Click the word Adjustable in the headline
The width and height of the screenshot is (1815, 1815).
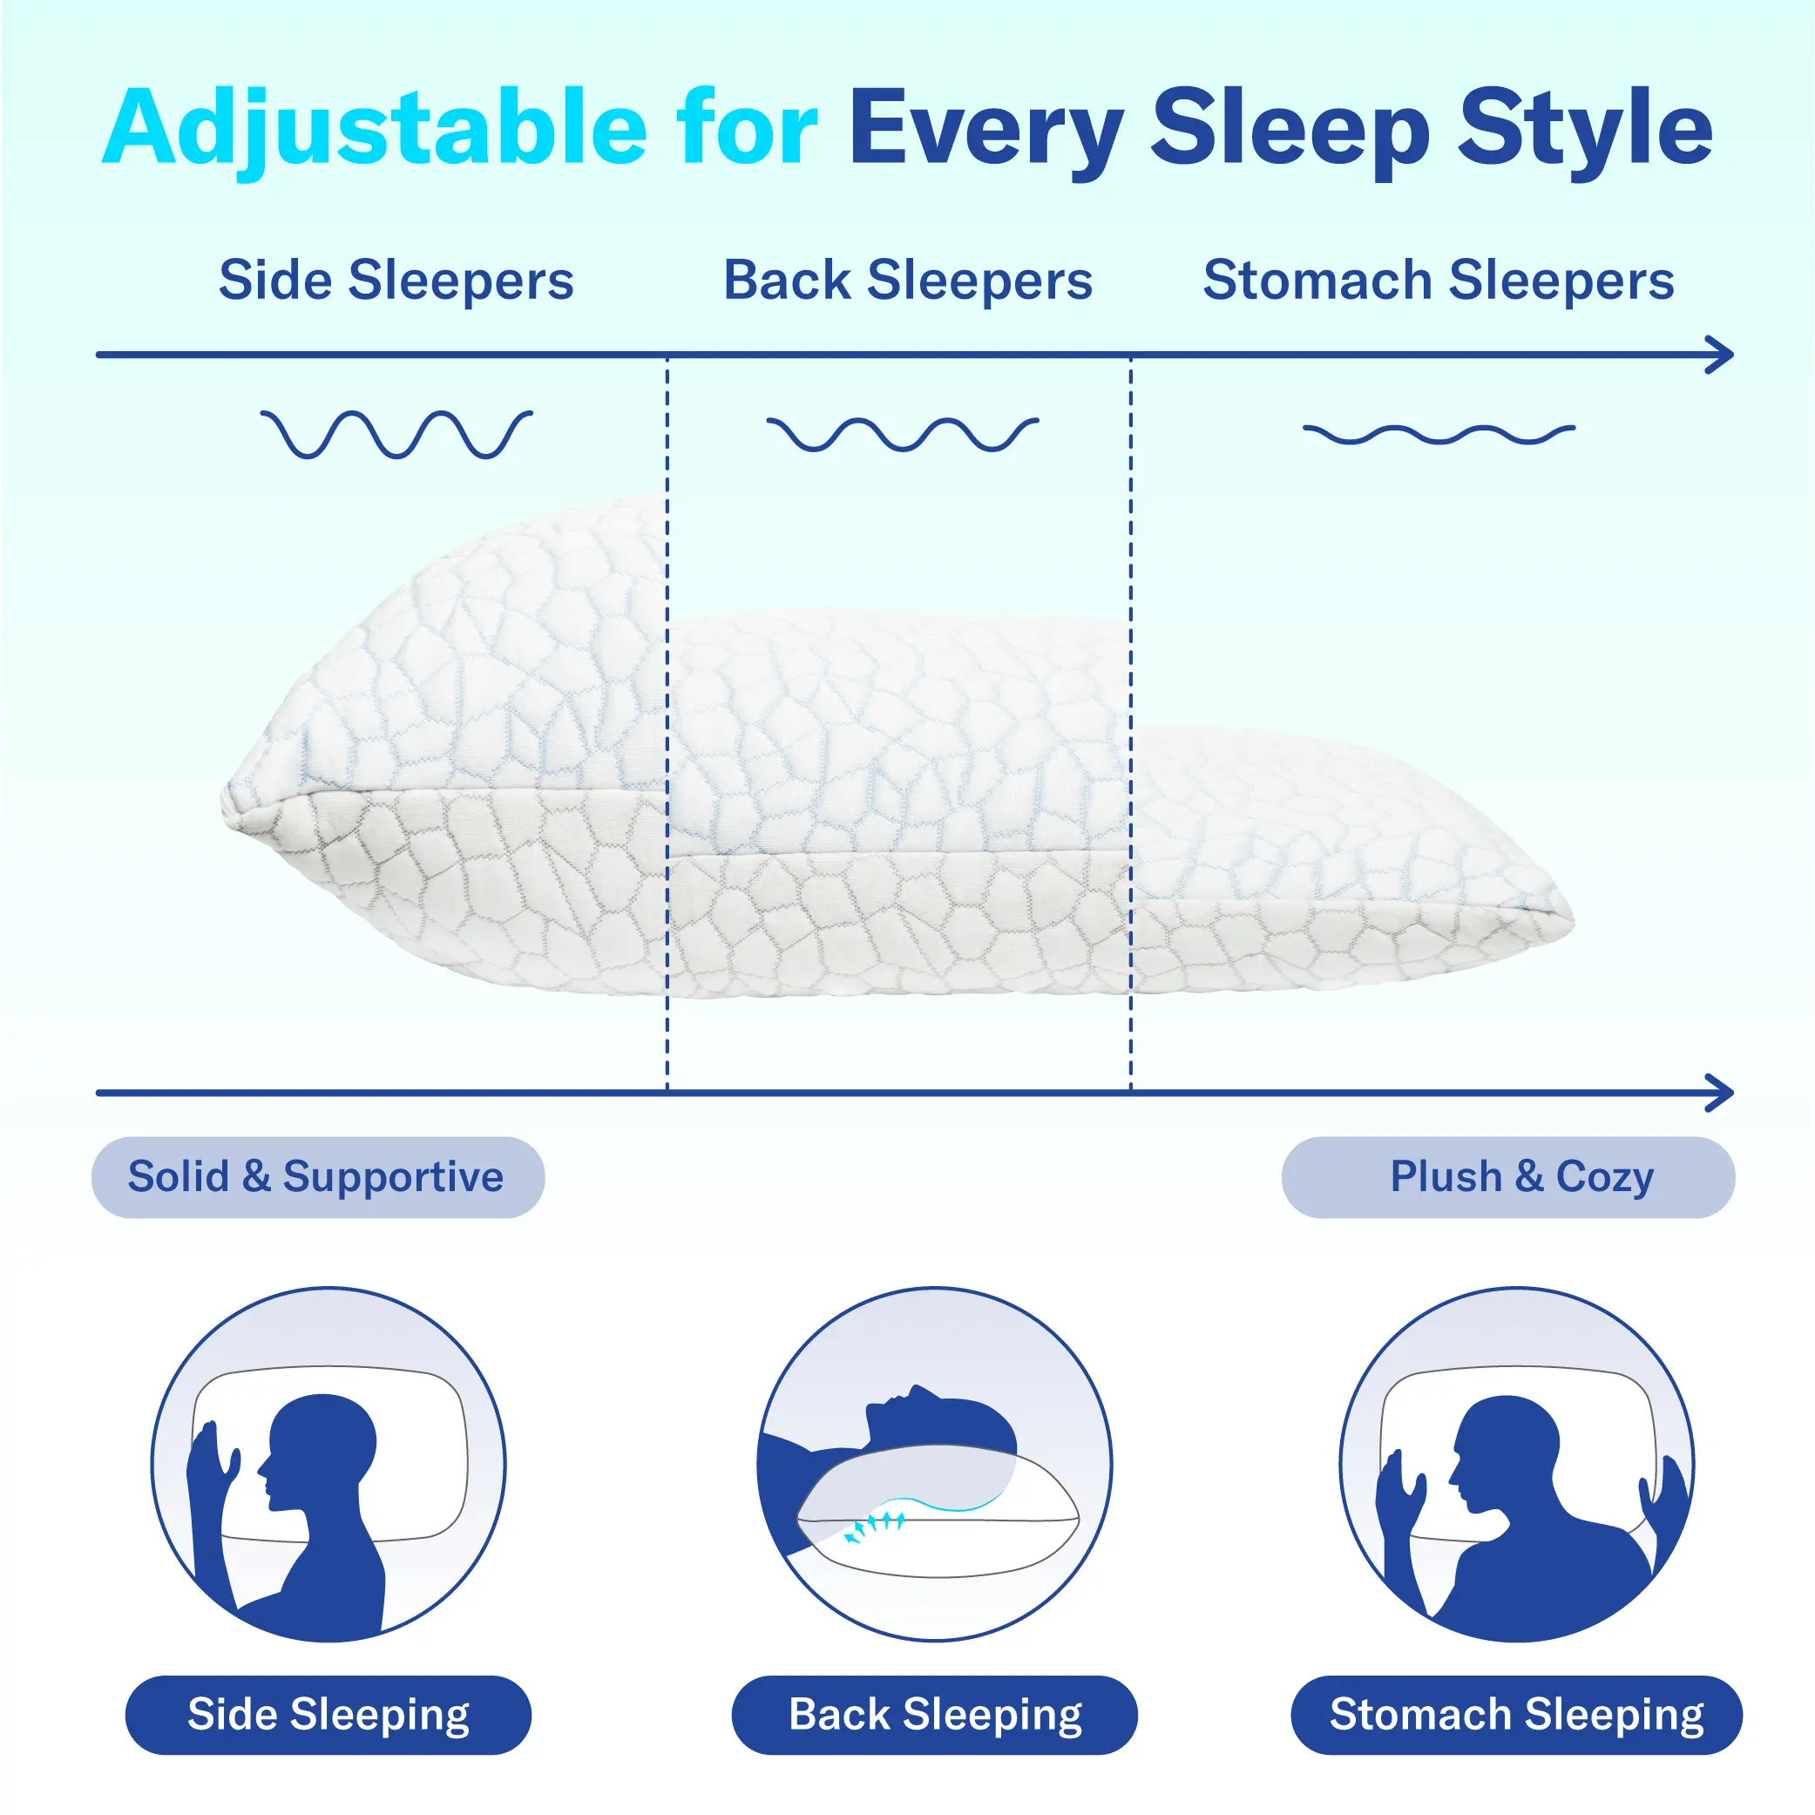click(375, 130)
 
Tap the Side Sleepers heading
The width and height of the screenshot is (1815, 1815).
click(396, 281)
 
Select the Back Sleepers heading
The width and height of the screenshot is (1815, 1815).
click(908, 281)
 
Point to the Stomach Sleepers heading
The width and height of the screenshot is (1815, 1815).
click(1439, 281)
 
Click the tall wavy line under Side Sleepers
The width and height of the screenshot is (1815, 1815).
click(396, 434)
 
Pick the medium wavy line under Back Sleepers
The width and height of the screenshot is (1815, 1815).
click(903, 434)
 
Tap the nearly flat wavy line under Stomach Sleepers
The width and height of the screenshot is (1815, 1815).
click(1439, 434)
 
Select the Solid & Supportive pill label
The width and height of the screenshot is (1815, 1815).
click(317, 1177)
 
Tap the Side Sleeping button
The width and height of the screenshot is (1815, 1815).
click(328, 1716)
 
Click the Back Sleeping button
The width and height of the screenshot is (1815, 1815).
click(935, 1716)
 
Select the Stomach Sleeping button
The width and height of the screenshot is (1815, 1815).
click(1517, 1716)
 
